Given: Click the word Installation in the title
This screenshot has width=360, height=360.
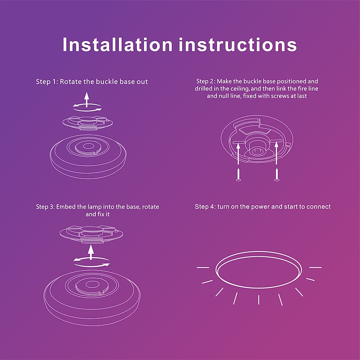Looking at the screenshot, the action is point(117,44).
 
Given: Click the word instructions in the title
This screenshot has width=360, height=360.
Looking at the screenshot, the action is point(238,44).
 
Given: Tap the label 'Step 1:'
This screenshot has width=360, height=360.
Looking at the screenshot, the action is point(47,82).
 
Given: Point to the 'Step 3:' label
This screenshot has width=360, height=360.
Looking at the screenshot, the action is point(45,207).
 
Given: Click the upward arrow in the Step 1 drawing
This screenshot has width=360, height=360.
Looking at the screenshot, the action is point(86,99).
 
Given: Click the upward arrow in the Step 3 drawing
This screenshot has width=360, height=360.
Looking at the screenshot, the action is point(91,252).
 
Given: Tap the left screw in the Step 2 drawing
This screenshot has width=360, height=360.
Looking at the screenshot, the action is point(238,175).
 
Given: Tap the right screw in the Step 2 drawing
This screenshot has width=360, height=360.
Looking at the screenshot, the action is point(277,175).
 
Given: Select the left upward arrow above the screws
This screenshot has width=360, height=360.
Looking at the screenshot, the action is point(238,153).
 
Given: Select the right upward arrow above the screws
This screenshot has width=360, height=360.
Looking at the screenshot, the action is point(276,153).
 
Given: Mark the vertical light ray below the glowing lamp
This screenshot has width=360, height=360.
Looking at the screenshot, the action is point(259,300).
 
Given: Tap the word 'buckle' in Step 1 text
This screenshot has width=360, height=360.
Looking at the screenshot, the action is point(107,82).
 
